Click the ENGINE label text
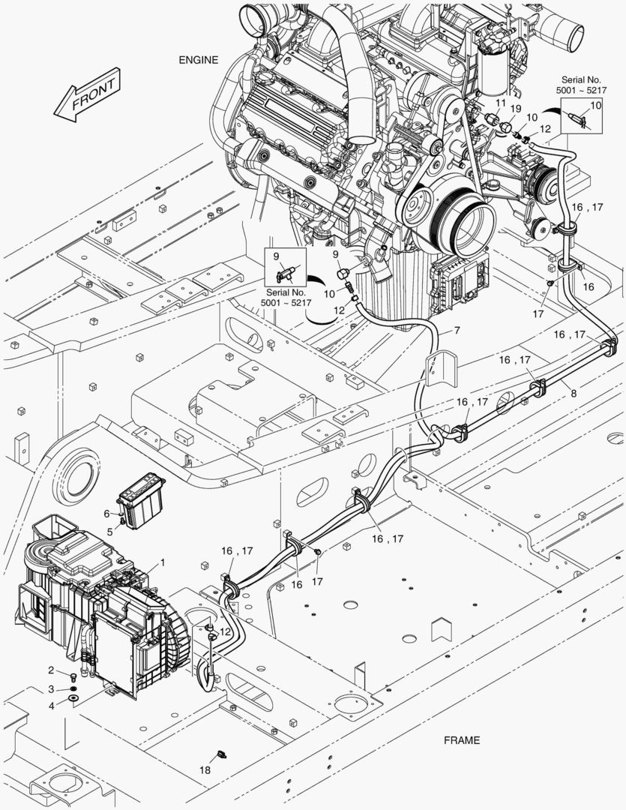pyautogui.click(x=198, y=60)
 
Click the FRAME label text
pyautogui.click(x=461, y=740)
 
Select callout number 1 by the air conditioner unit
pyautogui.click(x=163, y=562)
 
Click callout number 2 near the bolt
pyautogui.click(x=52, y=670)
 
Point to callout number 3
pyautogui.click(x=52, y=688)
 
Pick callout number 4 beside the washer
pyautogui.click(x=52, y=706)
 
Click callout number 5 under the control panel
pyautogui.click(x=109, y=532)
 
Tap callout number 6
pyautogui.click(x=107, y=514)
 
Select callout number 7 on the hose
pyautogui.click(x=456, y=331)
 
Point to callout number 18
pyautogui.click(x=205, y=770)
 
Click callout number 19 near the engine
pyautogui.click(x=515, y=109)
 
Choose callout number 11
pyautogui.click(x=500, y=103)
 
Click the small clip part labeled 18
pyautogui.click(x=221, y=752)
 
